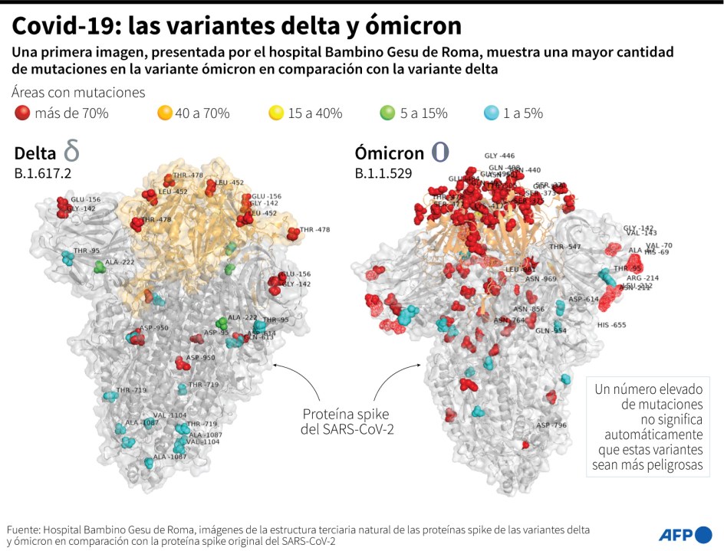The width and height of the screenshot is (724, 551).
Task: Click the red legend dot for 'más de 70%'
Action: point(22,113)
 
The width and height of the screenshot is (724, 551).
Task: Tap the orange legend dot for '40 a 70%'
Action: point(164,113)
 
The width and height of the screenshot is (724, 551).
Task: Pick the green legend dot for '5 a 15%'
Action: point(388,113)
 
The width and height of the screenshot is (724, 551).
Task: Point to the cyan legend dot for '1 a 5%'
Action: point(491,113)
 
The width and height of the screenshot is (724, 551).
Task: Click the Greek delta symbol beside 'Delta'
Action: point(71,150)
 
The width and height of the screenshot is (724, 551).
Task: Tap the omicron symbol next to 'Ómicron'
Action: point(440,151)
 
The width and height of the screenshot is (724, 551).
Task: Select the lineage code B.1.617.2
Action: point(43,173)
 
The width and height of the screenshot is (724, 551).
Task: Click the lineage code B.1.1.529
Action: point(383,173)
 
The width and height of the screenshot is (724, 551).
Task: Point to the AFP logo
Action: point(685,534)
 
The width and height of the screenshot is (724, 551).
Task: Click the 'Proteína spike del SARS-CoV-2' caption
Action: point(347,420)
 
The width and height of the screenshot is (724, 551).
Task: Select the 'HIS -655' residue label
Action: point(611,325)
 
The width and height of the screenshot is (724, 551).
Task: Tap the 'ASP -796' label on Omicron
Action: point(551,425)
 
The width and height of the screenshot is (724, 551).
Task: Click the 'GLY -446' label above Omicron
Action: point(499,156)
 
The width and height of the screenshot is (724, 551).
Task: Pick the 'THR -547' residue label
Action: point(565,247)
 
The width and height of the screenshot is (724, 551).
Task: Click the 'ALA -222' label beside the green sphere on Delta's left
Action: point(120,262)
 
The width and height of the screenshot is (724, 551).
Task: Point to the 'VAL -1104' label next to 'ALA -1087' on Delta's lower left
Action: point(169,415)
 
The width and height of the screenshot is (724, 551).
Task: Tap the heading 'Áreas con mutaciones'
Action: point(78,92)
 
